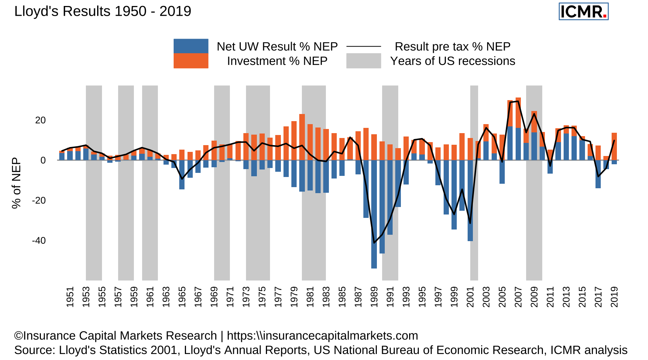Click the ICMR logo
click(583, 12)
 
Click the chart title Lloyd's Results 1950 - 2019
click(102, 11)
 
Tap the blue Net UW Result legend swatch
click(191, 46)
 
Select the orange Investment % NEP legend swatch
click(191, 61)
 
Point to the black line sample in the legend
click(363, 46)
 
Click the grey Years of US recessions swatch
click(363, 61)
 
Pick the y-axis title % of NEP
click(16, 183)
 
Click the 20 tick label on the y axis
click(40, 120)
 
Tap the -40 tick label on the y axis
click(39, 240)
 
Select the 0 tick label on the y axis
click(43, 160)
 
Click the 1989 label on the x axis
click(374, 297)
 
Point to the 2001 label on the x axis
click(470, 297)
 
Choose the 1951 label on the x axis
click(70, 297)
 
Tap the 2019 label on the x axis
click(614, 297)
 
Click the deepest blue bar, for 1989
click(374, 214)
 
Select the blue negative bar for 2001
click(470, 201)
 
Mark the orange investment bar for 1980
click(302, 137)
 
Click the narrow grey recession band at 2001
click(474, 259)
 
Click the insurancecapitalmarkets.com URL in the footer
click(322, 336)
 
